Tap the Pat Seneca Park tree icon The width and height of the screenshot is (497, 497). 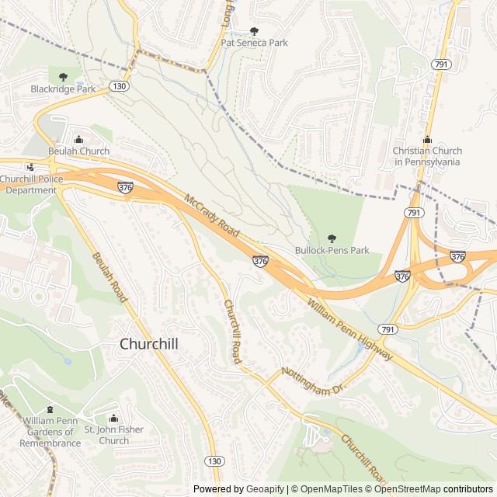click(x=254, y=31)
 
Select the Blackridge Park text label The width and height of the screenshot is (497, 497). click(x=63, y=89)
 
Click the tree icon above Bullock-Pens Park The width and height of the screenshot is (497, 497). click(x=332, y=238)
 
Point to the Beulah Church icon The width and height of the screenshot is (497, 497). click(x=78, y=139)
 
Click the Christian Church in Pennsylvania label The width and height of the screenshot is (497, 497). click(x=427, y=156)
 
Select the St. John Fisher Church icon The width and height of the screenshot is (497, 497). click(x=113, y=419)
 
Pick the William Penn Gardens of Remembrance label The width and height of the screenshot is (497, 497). click(x=50, y=432)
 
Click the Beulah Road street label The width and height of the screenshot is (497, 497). click(x=109, y=277)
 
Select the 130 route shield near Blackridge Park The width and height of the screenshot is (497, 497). click(x=118, y=85)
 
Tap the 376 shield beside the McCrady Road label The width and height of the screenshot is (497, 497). click(x=260, y=262)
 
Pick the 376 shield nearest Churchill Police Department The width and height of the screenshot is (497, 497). click(x=126, y=187)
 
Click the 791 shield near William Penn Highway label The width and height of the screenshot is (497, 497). click(x=389, y=329)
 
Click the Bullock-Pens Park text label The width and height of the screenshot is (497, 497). click(x=332, y=250)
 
